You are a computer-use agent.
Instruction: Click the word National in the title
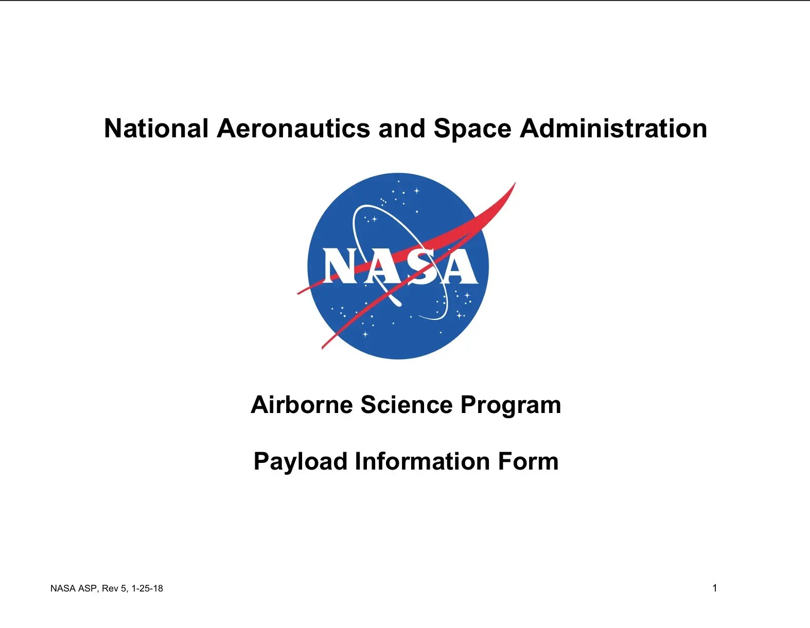156,129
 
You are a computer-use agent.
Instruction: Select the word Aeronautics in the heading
293,129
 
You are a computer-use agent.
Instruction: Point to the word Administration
613,129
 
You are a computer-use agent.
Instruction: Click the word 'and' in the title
402,129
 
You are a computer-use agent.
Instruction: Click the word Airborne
301,404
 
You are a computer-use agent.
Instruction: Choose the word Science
407,404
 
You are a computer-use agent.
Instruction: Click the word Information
422,461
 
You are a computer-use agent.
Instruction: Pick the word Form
528,461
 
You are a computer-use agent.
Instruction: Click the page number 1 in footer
715,588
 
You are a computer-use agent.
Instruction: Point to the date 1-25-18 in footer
147,588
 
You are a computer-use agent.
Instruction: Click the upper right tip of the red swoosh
515,183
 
